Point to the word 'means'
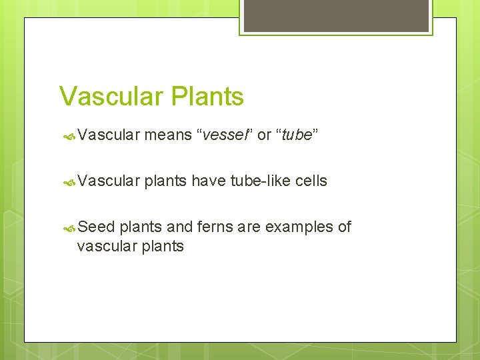(166, 135)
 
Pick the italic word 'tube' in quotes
(297, 135)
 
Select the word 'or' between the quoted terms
(264, 135)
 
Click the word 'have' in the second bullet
(209, 181)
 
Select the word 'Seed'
(96, 227)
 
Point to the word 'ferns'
(213, 227)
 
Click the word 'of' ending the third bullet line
(344, 227)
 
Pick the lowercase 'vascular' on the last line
(105, 246)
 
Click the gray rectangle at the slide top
(336, 16)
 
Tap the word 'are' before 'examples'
(249, 227)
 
